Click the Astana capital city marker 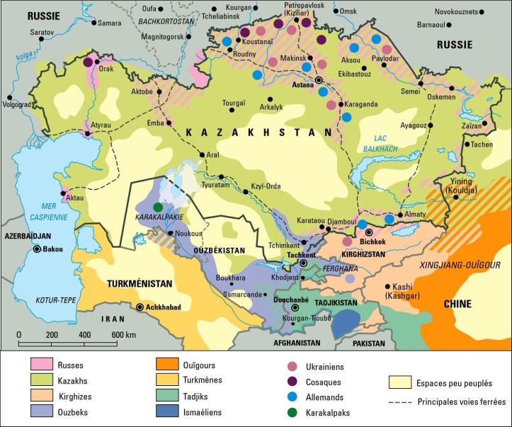click(319, 81)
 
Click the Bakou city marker click(35, 249)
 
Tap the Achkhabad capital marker click(141, 307)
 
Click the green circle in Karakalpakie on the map click(158, 206)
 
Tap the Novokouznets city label click(461, 11)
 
